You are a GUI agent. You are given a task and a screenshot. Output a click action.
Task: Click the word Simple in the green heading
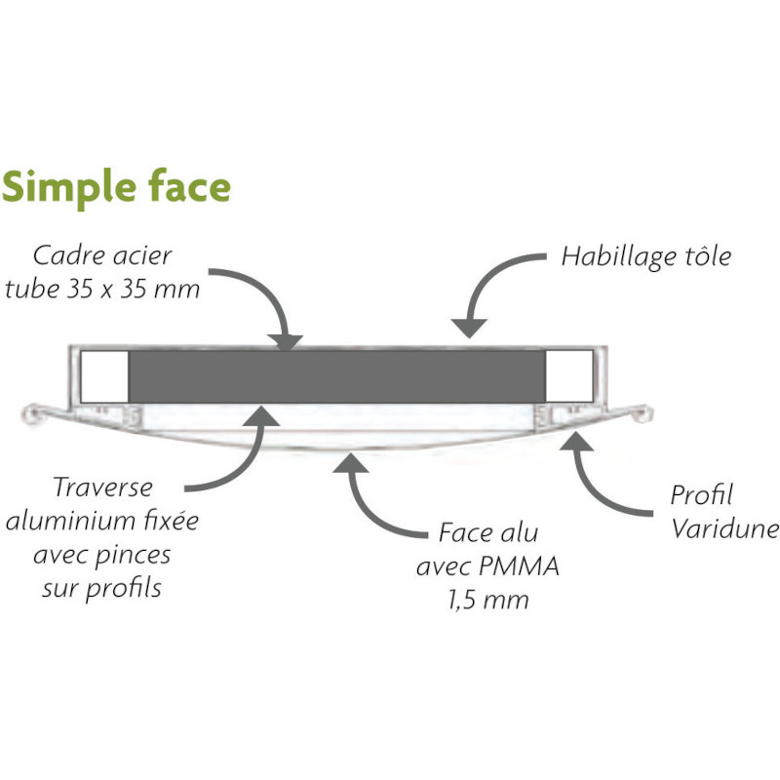click(x=69, y=186)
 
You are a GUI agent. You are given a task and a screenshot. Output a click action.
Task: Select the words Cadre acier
click(x=102, y=256)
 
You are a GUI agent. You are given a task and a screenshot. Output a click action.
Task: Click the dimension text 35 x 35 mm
click(x=134, y=289)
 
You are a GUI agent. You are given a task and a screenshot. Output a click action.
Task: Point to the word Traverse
click(x=103, y=487)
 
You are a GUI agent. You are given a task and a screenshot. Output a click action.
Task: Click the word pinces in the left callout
click(x=129, y=556)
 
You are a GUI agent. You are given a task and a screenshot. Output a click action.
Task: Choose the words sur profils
click(x=102, y=589)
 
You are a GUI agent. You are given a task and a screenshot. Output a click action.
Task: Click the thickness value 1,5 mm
click(x=488, y=600)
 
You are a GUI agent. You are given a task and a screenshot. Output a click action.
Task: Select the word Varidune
click(x=724, y=528)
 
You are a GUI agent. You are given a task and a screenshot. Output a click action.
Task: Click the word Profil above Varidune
click(x=701, y=495)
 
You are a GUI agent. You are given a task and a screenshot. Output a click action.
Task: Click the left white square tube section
click(x=104, y=376)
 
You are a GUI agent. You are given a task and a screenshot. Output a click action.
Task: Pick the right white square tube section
click(x=569, y=376)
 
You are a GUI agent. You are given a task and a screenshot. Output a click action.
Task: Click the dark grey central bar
click(x=336, y=376)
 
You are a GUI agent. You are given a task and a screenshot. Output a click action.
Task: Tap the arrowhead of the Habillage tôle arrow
click(x=469, y=328)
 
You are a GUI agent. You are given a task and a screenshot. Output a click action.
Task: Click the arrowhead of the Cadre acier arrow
click(x=284, y=341)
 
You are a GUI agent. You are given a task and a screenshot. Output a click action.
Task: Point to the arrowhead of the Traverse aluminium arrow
click(x=262, y=417)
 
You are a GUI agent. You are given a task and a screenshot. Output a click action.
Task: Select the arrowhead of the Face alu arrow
click(x=351, y=463)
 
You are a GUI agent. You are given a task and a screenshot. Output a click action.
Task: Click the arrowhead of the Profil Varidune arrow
click(x=576, y=442)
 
